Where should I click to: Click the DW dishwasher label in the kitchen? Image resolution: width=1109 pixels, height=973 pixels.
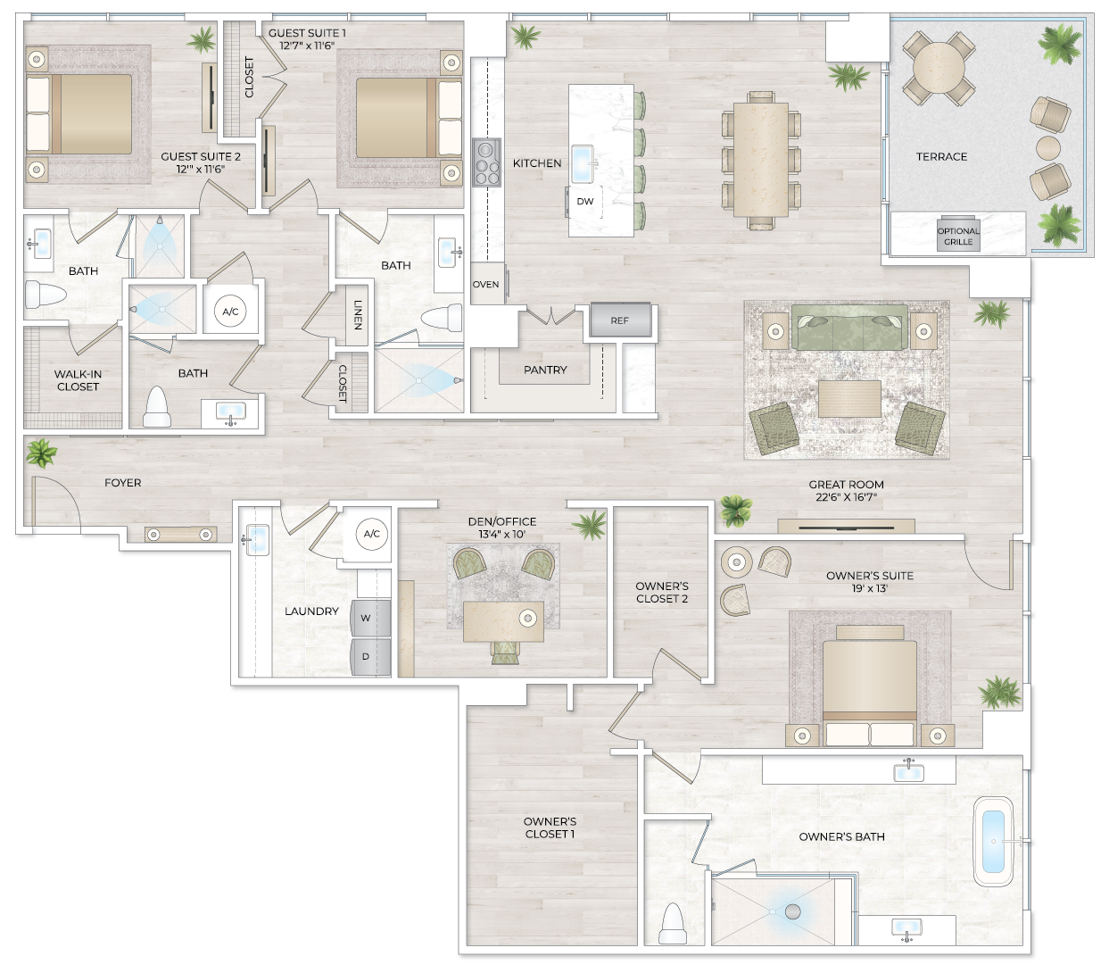coord(585,202)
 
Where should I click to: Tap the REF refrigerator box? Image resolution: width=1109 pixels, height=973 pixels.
coord(619,320)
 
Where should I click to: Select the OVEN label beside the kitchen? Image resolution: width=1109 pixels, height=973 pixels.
coord(486,285)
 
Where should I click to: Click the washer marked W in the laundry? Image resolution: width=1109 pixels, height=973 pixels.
coord(366,618)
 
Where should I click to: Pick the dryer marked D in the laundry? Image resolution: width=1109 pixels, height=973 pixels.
coord(366,657)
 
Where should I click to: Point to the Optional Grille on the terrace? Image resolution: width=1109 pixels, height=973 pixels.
coord(958,237)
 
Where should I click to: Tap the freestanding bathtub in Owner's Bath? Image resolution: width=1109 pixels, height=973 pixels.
coord(992,841)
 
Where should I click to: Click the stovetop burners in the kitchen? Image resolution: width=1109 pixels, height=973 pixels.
coord(486,162)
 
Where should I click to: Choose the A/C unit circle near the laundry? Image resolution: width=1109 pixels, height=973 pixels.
coord(372,534)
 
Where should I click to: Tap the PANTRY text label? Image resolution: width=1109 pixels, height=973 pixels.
coord(545,370)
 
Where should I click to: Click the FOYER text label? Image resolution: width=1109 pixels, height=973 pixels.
coord(123,483)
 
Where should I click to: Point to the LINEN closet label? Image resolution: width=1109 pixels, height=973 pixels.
coord(358,314)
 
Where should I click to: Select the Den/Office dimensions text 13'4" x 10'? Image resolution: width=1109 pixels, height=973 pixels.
coord(502,534)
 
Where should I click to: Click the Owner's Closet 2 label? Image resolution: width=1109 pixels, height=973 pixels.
coord(662,593)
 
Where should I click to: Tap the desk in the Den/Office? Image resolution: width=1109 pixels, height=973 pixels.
coord(503,621)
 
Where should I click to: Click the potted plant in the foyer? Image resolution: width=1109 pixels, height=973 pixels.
coord(40,453)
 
